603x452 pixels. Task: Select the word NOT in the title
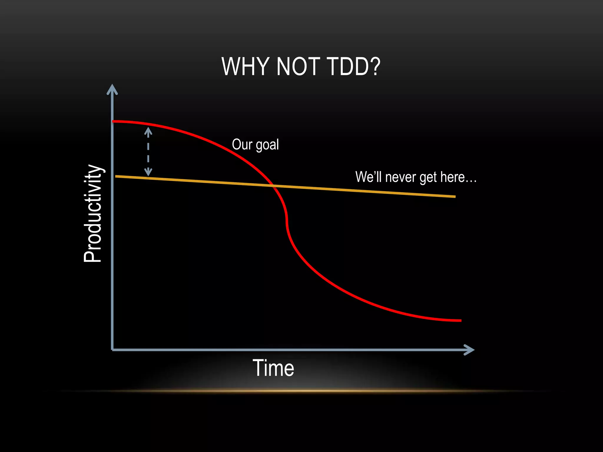coord(298,67)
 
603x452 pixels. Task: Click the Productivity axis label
coord(92,213)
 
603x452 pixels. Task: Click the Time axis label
coord(273,368)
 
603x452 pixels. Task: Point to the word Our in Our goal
coord(242,144)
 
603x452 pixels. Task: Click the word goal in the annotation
coord(267,145)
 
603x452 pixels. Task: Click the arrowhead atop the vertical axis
coord(112,89)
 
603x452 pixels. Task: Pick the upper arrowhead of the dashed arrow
coord(148,132)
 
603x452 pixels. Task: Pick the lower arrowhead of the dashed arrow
coord(148,172)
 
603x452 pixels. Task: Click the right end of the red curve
coord(460,320)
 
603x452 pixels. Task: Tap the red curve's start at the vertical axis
coord(114,121)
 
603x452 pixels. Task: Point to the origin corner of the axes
coord(112,350)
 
